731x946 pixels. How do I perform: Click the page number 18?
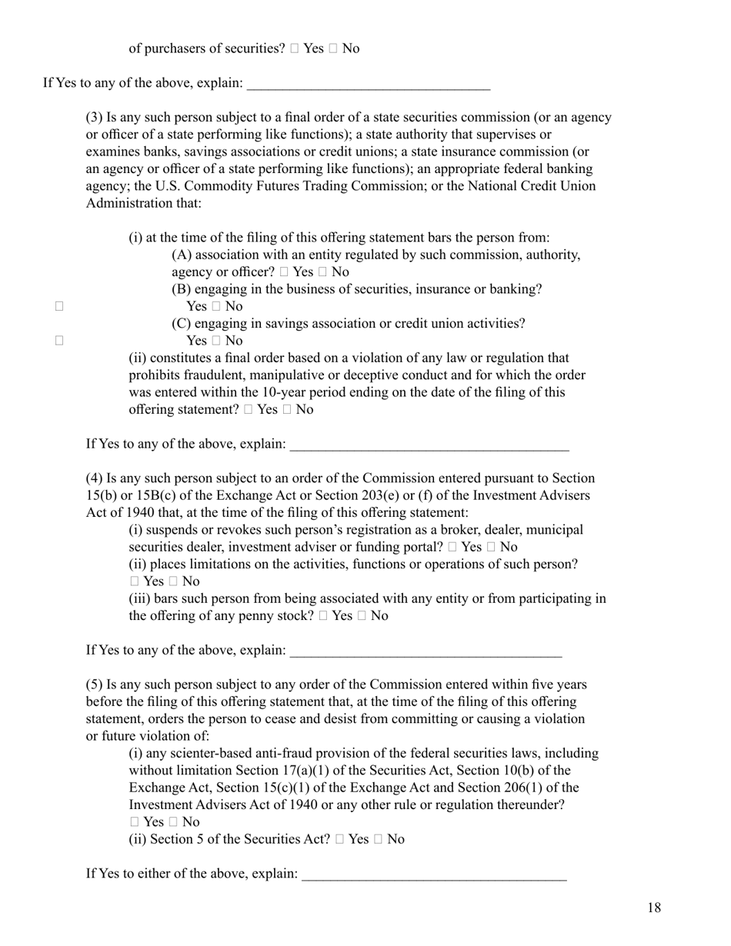click(x=653, y=908)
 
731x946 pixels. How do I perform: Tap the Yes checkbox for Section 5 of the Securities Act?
click(x=339, y=839)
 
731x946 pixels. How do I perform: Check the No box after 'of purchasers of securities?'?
click(x=332, y=48)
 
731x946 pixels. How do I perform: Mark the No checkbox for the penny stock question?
click(x=362, y=616)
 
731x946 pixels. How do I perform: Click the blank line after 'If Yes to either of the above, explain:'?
click(x=434, y=875)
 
